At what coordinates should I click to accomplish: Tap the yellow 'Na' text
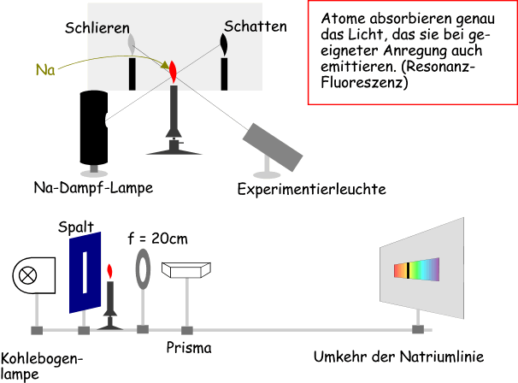pyautogui.click(x=46, y=69)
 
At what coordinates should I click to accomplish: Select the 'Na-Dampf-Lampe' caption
pyautogui.click(x=94, y=187)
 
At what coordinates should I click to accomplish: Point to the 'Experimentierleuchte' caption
pyautogui.click(x=312, y=189)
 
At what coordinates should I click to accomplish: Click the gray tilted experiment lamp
pyautogui.click(x=271, y=145)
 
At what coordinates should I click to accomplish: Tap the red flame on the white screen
pyautogui.click(x=172, y=69)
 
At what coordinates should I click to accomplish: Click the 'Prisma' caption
pyautogui.click(x=189, y=348)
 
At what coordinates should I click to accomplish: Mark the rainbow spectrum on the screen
pyautogui.click(x=415, y=270)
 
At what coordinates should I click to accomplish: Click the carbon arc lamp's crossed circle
pyautogui.click(x=28, y=275)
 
